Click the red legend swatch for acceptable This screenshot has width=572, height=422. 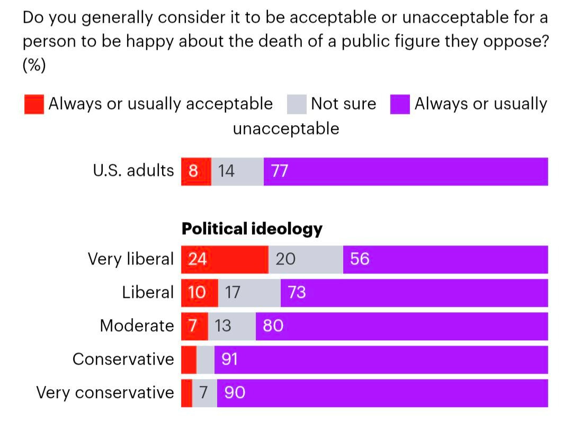tap(34, 104)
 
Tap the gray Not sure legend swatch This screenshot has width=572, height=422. tap(297, 104)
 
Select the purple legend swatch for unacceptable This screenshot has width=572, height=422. tap(400, 104)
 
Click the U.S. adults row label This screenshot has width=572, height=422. tap(133, 171)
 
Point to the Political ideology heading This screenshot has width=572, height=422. tap(252, 228)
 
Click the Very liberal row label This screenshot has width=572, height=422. tap(131, 259)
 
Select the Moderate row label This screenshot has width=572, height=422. tap(137, 326)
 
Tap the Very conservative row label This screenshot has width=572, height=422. tap(105, 393)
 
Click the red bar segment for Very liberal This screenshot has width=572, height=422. tap(225, 259)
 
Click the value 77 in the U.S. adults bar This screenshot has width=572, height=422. tap(279, 171)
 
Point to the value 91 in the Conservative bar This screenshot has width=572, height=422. tap(229, 359)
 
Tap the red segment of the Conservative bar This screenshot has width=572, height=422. tap(189, 359)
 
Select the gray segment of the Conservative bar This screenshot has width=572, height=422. tap(205, 359)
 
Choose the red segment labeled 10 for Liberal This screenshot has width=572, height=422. tap(199, 293)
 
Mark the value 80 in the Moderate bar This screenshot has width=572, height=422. tap(273, 326)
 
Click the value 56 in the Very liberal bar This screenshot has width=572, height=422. tap(360, 259)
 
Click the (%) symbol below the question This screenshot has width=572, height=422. tap(34, 65)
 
